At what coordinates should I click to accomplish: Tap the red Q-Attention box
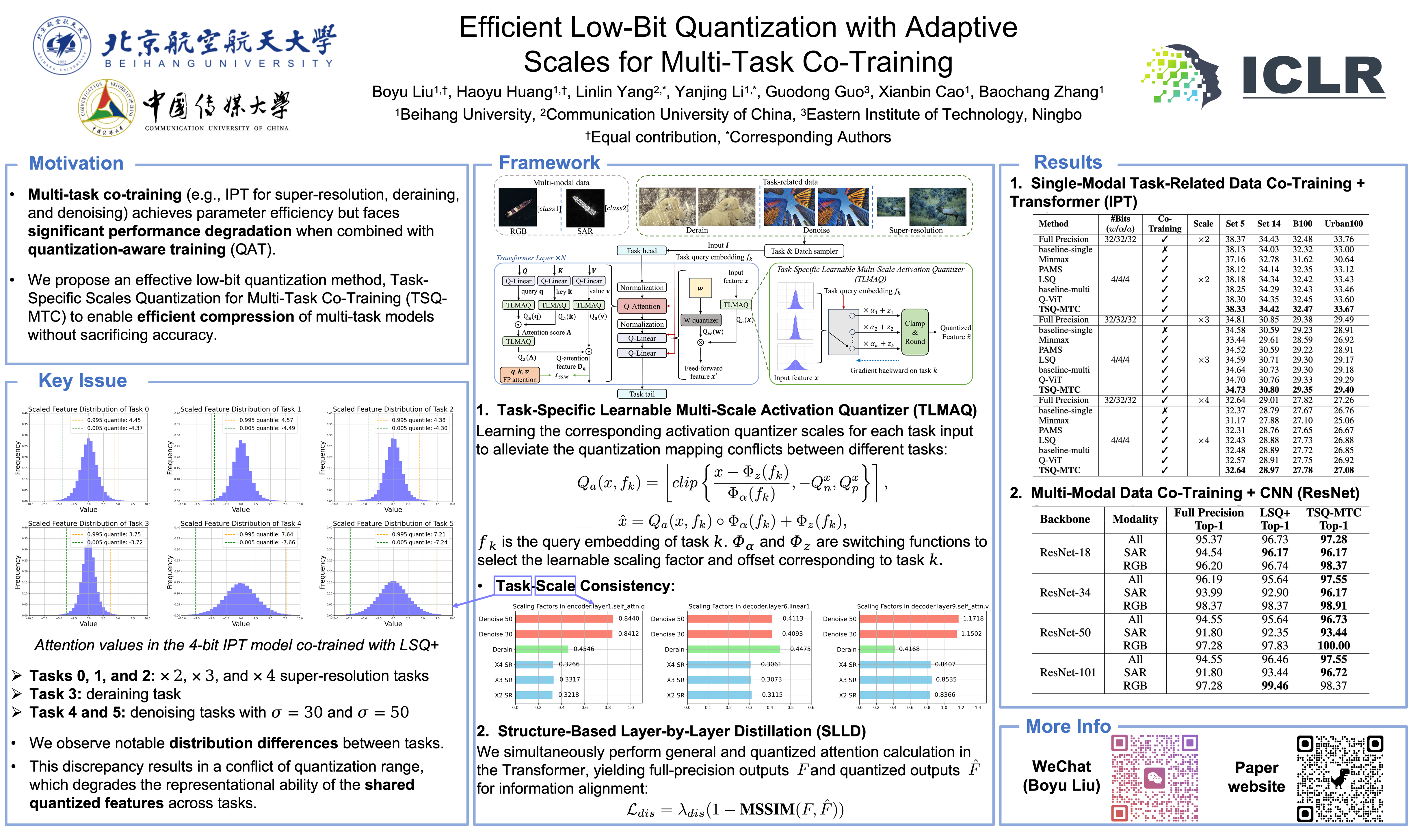(x=642, y=306)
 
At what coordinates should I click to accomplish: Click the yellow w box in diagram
(x=700, y=288)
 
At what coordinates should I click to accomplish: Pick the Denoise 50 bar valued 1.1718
(x=908, y=619)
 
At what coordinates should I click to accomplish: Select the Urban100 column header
(x=1343, y=224)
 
